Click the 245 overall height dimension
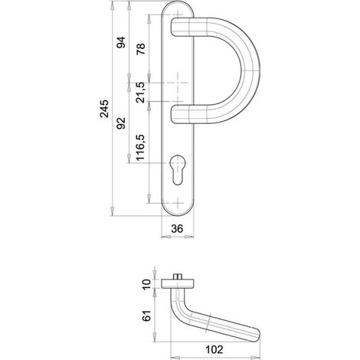click(104, 109)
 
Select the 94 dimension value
click(121, 42)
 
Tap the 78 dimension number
click(141, 49)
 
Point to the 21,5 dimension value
click(141, 92)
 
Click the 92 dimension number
click(121, 123)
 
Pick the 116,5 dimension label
click(141, 147)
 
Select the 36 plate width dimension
click(177, 228)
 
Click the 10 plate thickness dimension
click(147, 284)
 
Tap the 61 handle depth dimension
click(147, 316)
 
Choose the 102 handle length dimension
click(214, 349)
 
